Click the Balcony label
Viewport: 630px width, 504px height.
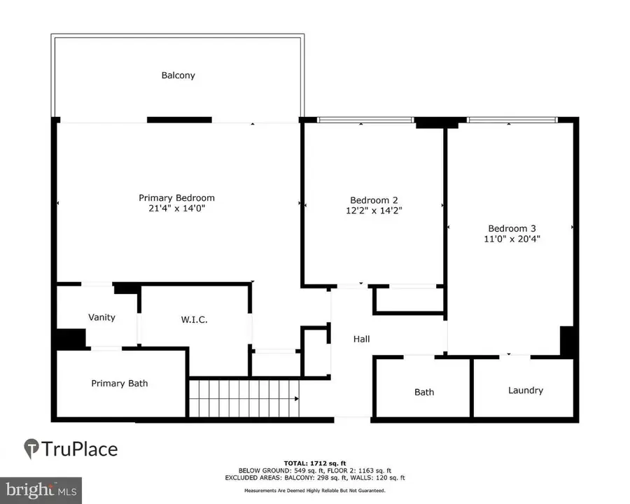point(178,75)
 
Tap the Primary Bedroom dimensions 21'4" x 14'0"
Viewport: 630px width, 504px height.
point(176,209)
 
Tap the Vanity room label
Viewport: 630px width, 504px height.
point(101,317)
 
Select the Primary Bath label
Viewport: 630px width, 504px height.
point(120,383)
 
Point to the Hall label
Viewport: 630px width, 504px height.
point(361,339)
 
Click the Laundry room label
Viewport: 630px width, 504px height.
point(525,390)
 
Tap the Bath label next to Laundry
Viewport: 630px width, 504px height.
point(424,392)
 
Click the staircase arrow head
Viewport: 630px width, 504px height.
point(297,399)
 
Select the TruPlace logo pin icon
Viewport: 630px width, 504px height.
point(31,449)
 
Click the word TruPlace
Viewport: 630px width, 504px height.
point(80,449)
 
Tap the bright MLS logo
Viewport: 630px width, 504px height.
point(41,489)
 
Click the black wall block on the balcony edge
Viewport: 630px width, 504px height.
point(179,120)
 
